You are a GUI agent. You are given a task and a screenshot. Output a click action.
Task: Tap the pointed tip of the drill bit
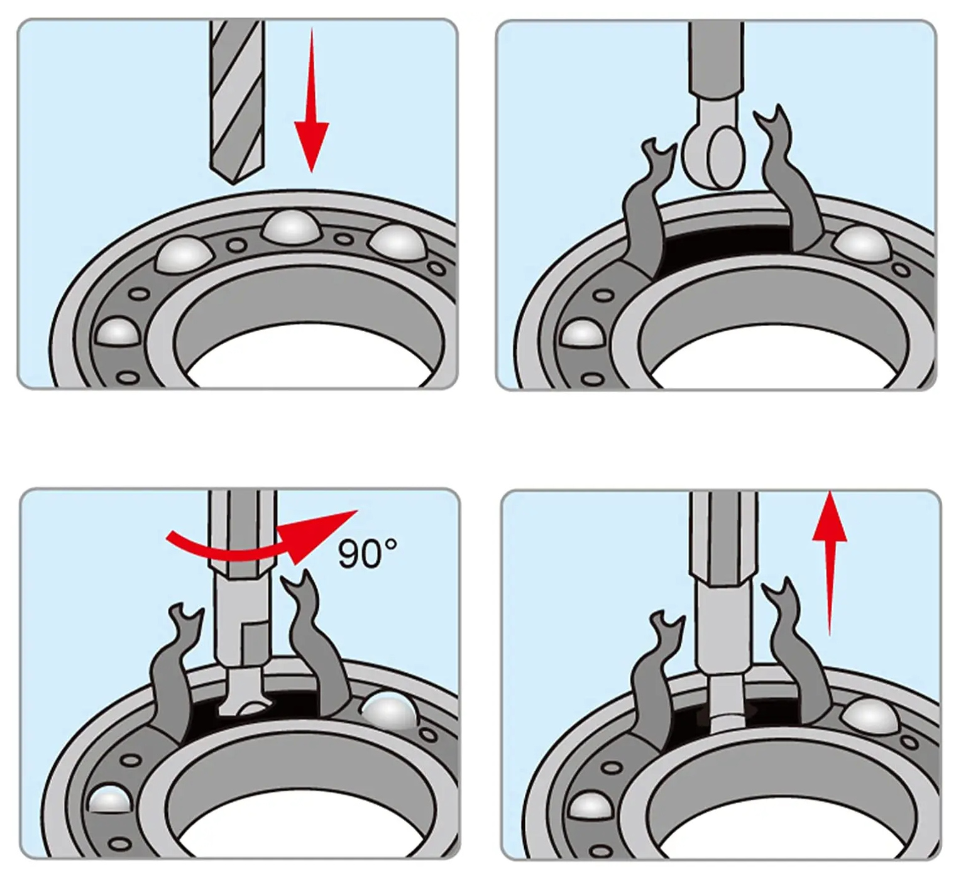pyautogui.click(x=234, y=184)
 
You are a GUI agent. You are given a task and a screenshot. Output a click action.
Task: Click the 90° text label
pyautogui.click(x=367, y=553)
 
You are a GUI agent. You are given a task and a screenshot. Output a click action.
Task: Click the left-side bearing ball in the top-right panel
pyautogui.click(x=582, y=333)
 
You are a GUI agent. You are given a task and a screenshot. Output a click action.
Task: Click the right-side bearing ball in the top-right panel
pyautogui.click(x=864, y=243)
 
